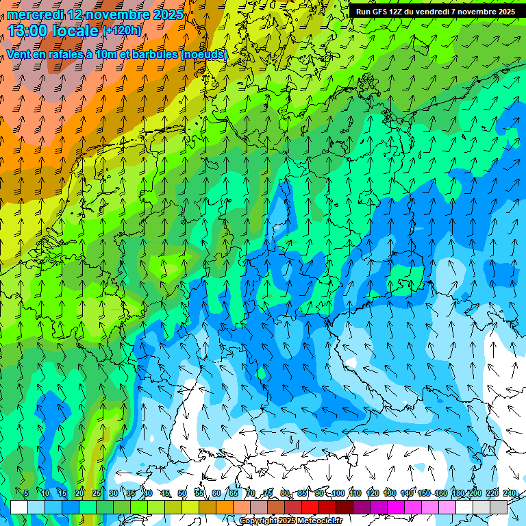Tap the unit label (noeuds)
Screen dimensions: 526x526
pyautogui.click(x=204, y=54)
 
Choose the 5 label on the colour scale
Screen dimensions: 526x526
pyautogui.click(x=26, y=493)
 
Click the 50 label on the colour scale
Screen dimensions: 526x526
pyautogui.click(x=182, y=493)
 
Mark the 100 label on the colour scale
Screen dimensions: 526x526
pyautogui.click(x=338, y=493)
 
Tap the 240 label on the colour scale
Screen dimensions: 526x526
pyautogui.click(x=510, y=493)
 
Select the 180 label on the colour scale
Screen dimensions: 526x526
pyautogui.click(x=458, y=493)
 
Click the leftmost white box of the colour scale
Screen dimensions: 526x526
pyautogui.click(x=19, y=507)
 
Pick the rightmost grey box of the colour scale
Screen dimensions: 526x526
pyautogui.click(x=499, y=507)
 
